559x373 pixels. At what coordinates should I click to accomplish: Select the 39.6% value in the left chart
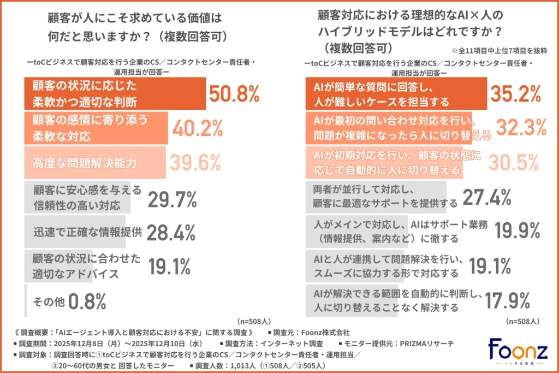(195, 162)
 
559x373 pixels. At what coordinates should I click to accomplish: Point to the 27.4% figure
(487, 197)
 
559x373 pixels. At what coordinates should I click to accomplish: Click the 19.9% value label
(518, 231)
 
